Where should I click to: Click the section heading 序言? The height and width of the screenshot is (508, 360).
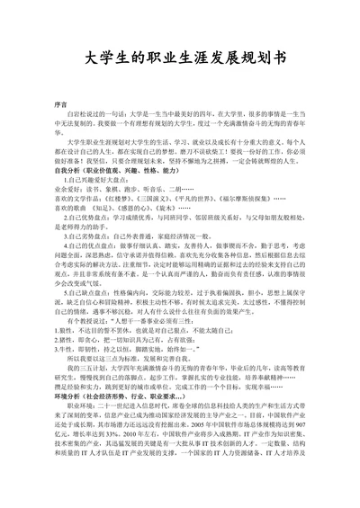point(61,103)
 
